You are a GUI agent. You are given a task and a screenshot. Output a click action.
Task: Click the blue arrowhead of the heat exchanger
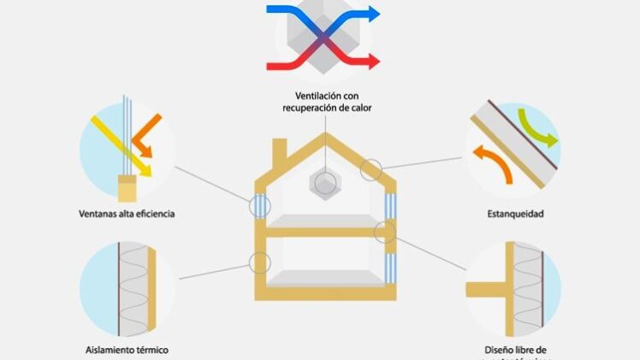click(373, 13)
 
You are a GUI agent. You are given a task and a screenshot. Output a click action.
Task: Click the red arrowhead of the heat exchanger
click(373, 61)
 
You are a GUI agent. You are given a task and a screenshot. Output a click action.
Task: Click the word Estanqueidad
click(512, 213)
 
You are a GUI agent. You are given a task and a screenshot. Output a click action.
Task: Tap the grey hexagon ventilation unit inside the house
click(324, 182)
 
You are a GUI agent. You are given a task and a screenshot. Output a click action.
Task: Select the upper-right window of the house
click(391, 206)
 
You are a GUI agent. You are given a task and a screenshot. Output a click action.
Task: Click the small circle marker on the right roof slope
click(371, 169)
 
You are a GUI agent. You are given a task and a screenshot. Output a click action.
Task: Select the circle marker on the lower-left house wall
click(260, 263)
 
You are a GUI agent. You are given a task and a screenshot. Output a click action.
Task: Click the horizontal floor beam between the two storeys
click(324, 231)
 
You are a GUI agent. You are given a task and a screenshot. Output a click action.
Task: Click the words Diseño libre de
click(512, 349)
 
